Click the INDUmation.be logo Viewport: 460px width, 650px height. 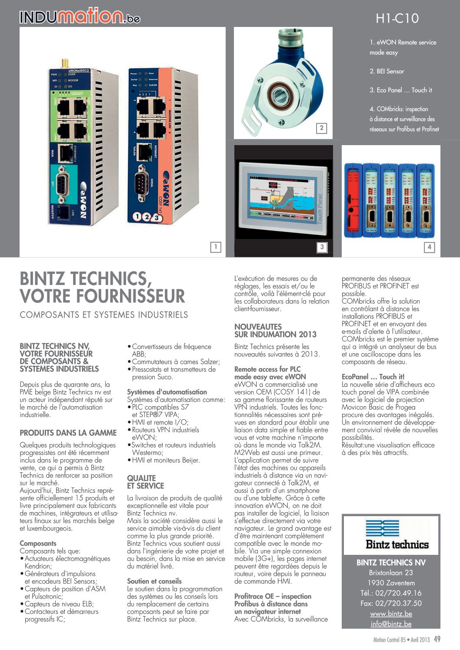click(x=80, y=17)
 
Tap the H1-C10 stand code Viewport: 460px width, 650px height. click(x=397, y=18)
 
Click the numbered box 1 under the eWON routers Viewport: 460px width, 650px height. click(x=215, y=247)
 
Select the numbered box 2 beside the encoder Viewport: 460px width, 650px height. click(x=321, y=128)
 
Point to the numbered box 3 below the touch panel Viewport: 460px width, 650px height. click(x=322, y=247)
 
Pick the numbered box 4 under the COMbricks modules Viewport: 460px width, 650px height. click(x=429, y=247)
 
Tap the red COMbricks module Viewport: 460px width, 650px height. click(x=353, y=199)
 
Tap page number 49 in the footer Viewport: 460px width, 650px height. click(x=437, y=639)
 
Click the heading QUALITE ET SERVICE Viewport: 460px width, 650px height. click(x=145, y=482)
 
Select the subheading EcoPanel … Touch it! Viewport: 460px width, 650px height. click(x=373, y=377)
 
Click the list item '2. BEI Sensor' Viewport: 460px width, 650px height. click(x=387, y=71)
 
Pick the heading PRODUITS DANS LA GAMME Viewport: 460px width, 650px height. click(x=68, y=433)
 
